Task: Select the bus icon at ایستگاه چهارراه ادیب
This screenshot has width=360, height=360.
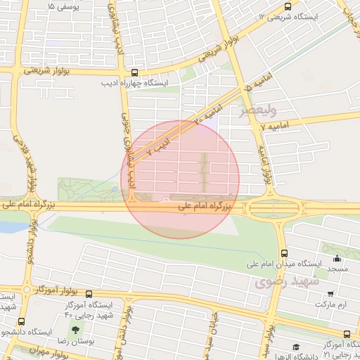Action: pos(134,72)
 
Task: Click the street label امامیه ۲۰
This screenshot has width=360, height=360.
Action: pos(209,115)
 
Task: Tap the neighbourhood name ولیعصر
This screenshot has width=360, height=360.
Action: pos(258,110)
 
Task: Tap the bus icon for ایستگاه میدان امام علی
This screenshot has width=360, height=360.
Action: pos(284,253)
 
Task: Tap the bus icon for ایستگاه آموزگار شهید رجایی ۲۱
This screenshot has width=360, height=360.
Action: pos(347,334)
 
